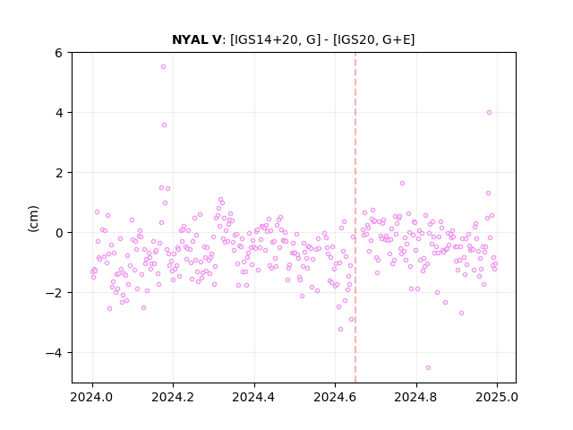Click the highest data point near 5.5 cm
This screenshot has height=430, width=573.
(163, 66)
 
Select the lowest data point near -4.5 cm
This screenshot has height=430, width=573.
(428, 367)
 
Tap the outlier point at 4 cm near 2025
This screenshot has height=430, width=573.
(490, 112)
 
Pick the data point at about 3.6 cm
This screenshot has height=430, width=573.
(164, 125)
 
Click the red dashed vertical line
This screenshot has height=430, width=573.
(355, 218)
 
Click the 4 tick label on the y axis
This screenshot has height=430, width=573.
(58, 113)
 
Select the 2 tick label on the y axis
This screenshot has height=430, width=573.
(58, 173)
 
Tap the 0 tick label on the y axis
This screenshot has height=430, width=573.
(58, 233)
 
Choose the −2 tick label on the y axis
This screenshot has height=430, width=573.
(54, 293)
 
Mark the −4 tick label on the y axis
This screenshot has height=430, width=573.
(54, 353)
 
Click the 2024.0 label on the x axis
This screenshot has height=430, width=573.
(91, 397)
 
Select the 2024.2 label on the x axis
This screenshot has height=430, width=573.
(173, 397)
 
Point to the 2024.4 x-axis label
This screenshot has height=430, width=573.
(253, 397)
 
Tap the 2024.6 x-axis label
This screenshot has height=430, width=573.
(335, 397)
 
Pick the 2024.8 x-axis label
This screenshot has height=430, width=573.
(415, 397)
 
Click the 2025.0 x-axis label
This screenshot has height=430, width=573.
(497, 397)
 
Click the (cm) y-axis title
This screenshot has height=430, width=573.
(33, 219)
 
